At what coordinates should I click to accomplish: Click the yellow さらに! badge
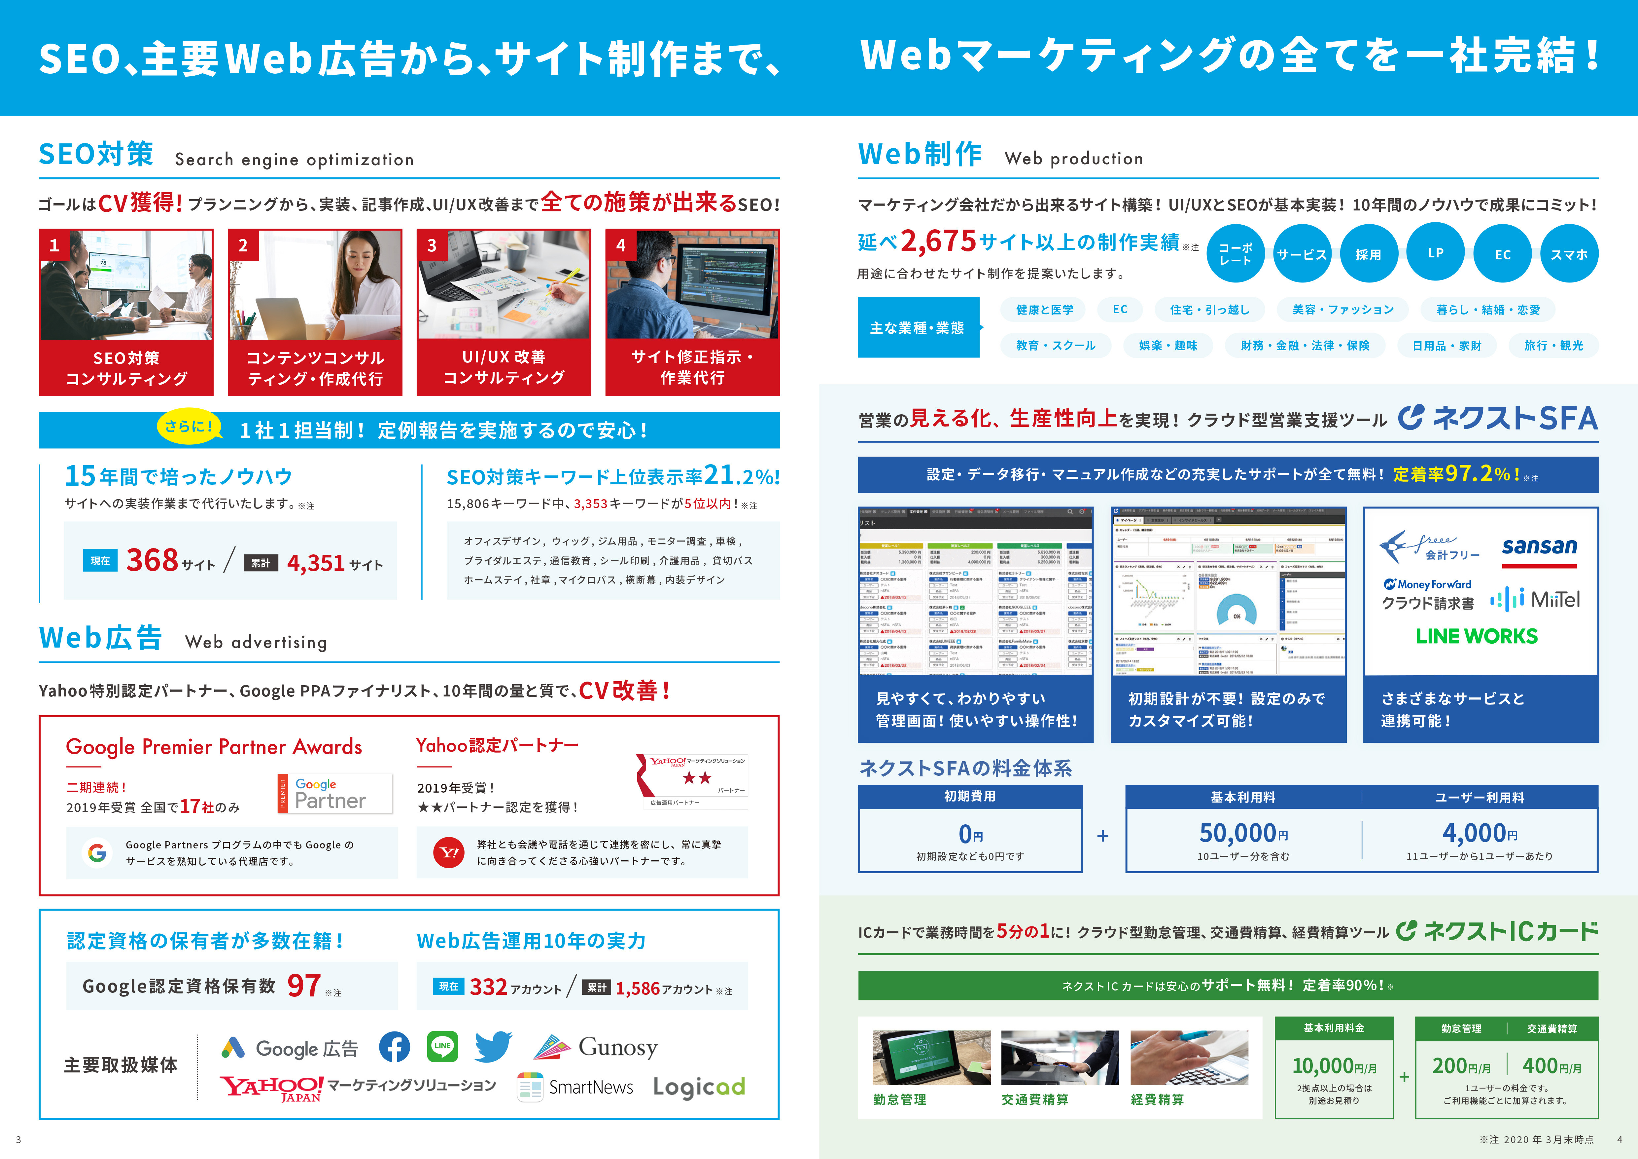coord(189,427)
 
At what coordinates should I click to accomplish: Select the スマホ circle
coord(1569,254)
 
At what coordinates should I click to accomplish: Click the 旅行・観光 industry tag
coord(1553,345)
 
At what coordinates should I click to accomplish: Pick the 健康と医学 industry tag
coord(1044,310)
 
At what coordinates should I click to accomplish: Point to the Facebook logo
coord(394,1047)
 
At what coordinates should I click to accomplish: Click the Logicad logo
coord(699,1087)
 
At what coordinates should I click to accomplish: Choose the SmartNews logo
coord(575,1087)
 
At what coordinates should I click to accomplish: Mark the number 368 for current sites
coord(152,560)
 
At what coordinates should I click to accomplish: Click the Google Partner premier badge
coord(334,793)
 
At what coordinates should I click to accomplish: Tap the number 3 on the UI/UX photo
coord(432,245)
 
